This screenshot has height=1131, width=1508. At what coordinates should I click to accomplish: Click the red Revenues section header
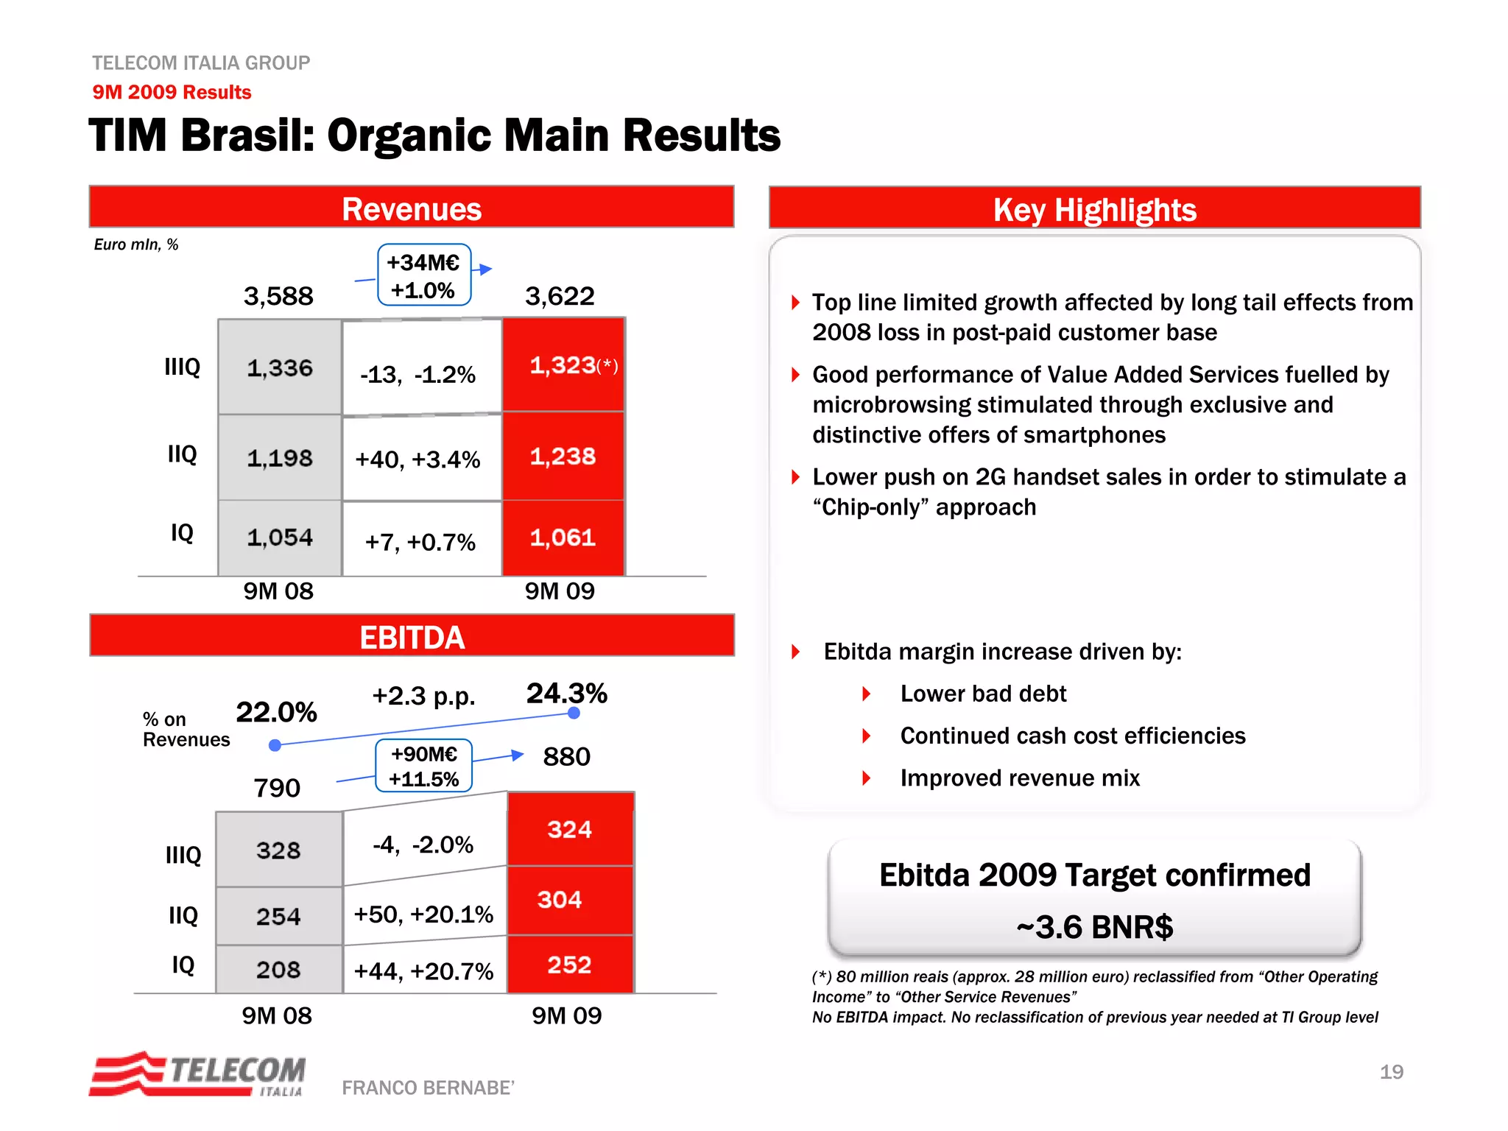click(x=411, y=208)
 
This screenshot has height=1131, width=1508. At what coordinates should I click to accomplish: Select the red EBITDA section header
click(x=411, y=636)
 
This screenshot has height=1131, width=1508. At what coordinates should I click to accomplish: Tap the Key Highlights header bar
click(x=1094, y=209)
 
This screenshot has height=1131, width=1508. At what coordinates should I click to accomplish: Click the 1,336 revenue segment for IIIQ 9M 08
click(x=279, y=367)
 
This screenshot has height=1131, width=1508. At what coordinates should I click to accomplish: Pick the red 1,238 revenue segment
click(x=563, y=457)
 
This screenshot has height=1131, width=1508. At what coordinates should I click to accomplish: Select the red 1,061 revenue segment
click(x=563, y=538)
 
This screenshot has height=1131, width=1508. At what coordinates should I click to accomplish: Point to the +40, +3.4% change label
click(x=417, y=459)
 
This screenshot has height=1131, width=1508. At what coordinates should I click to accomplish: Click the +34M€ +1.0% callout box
click(x=424, y=275)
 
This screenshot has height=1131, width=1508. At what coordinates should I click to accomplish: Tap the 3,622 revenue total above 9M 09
click(x=560, y=296)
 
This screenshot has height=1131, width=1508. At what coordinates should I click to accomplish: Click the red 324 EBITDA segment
click(x=570, y=829)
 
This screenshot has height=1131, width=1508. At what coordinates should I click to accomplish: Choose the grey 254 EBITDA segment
click(x=278, y=916)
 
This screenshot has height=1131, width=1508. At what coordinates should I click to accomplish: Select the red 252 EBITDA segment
click(x=570, y=965)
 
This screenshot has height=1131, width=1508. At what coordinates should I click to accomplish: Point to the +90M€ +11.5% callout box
click(x=424, y=766)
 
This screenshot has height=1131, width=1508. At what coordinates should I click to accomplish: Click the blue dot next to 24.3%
click(x=574, y=713)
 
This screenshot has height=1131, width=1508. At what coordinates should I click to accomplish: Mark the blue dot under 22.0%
click(x=275, y=745)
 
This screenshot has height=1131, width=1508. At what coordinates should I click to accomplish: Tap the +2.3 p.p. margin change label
click(x=423, y=696)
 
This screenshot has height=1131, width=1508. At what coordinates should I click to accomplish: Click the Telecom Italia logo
click(x=197, y=1074)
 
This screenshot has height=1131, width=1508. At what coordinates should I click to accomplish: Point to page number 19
click(x=1391, y=1071)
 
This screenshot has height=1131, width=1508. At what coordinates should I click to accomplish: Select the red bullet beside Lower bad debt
click(x=867, y=694)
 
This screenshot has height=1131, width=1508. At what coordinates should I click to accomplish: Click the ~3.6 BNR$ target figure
click(x=1094, y=927)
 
